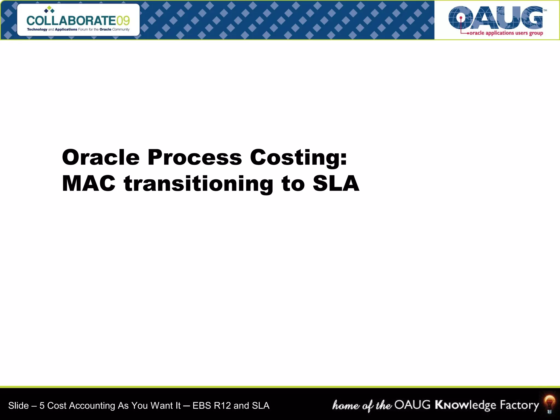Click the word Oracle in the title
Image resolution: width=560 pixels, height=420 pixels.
click(101, 157)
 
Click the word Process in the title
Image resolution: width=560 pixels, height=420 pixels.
click(195, 157)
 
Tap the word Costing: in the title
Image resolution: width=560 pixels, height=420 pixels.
click(298, 158)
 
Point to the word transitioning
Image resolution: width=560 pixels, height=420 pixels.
click(199, 184)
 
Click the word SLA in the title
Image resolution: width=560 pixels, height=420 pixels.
click(336, 183)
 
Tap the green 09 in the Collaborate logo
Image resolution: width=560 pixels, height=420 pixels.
click(123, 21)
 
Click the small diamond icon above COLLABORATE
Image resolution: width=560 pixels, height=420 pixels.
click(49, 10)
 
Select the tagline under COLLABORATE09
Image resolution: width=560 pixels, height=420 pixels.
click(78, 30)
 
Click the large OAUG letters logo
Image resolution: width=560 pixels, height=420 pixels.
click(495, 18)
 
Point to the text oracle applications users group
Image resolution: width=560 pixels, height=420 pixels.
click(506, 33)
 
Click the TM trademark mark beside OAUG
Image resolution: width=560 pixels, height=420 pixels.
click(545, 11)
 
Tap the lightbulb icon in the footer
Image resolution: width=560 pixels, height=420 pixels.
click(549, 404)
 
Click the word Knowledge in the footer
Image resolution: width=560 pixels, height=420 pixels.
click(465, 405)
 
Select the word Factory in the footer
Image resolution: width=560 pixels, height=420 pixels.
click(519, 405)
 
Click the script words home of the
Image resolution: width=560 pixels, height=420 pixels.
click(362, 405)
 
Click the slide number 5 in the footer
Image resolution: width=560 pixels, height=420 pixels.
click(42, 406)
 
